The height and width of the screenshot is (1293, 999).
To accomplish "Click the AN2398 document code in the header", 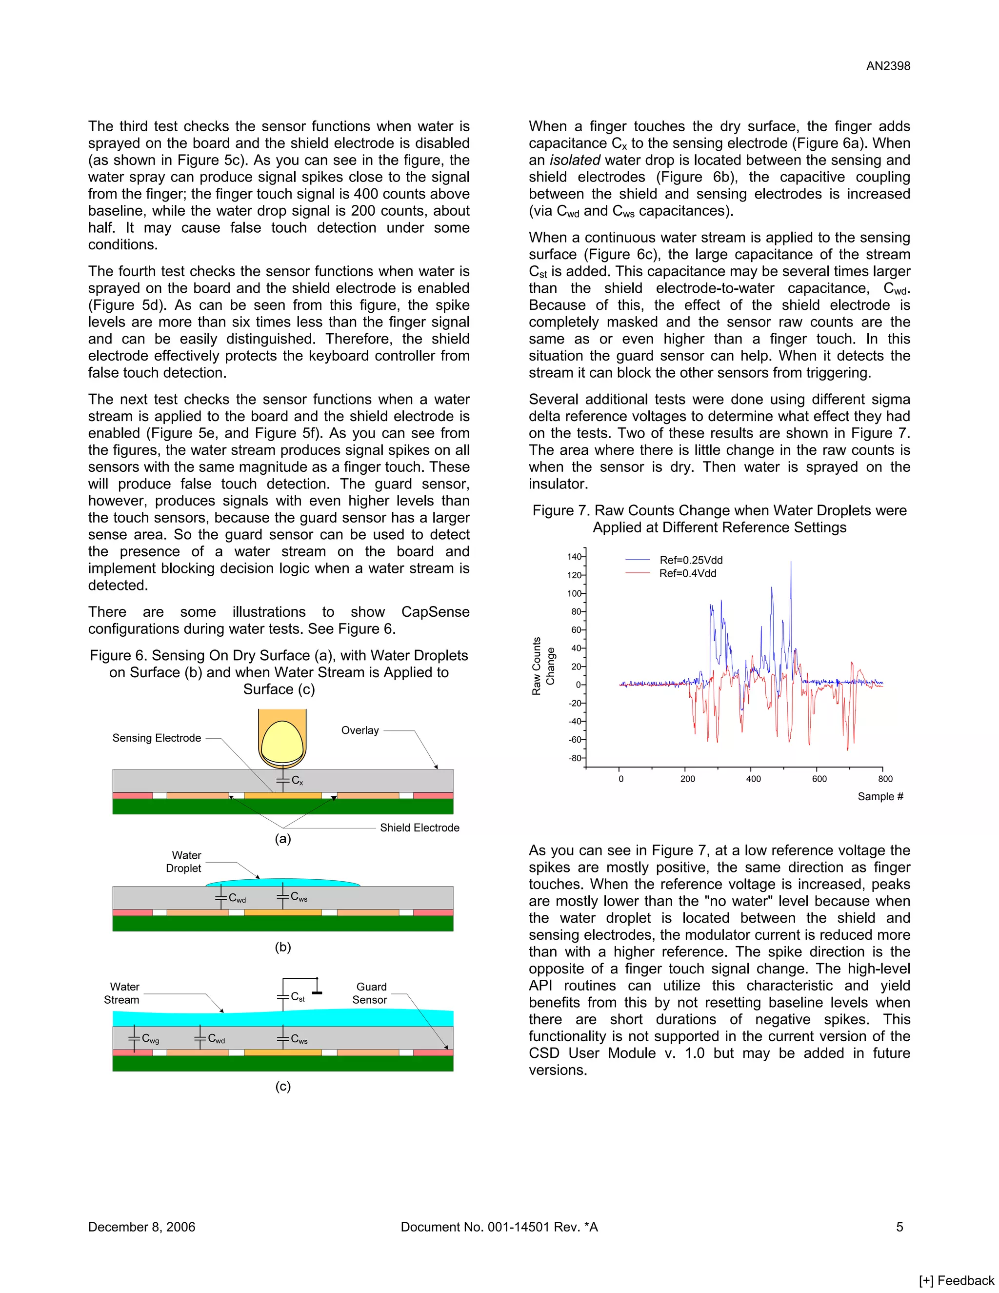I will pyautogui.click(x=888, y=66).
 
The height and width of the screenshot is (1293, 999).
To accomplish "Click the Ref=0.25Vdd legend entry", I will pyautogui.click(x=691, y=560).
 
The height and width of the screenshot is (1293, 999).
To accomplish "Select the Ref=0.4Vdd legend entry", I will pyautogui.click(x=688, y=573).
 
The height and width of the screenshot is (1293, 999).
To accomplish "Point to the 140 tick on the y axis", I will pyautogui.click(x=574, y=557).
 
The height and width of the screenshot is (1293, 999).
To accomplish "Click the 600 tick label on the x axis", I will pyautogui.click(x=819, y=779).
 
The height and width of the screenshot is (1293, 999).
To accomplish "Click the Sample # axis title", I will pyautogui.click(x=880, y=796).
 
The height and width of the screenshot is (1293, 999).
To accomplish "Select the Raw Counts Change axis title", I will pyautogui.click(x=543, y=666).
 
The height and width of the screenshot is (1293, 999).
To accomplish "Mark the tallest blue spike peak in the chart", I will pyautogui.click(x=791, y=563).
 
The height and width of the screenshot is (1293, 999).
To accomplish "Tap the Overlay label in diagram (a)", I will pyautogui.click(x=360, y=730).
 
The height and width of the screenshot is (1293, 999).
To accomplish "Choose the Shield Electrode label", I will pyautogui.click(x=419, y=828).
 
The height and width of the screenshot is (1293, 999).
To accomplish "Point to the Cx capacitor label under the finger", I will pyautogui.click(x=297, y=781).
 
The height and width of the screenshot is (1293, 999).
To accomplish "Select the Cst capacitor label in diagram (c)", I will pyautogui.click(x=298, y=997).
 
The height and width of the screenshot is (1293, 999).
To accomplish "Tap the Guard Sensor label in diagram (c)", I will pyautogui.click(x=371, y=993).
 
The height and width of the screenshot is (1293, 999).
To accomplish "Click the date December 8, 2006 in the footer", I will pyautogui.click(x=141, y=1227).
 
